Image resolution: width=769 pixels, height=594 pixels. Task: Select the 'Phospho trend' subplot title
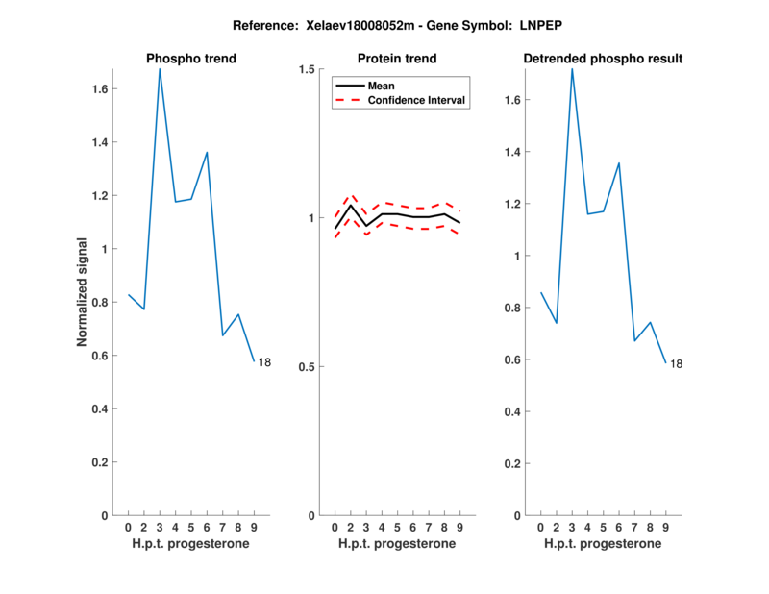coord(191,59)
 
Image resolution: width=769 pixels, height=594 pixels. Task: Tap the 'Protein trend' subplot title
coord(397,59)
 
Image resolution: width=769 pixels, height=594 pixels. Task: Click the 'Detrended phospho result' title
coord(603,59)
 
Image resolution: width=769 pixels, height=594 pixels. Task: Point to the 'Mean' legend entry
coord(382,86)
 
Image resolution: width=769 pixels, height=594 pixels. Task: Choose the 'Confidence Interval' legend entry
coord(417,99)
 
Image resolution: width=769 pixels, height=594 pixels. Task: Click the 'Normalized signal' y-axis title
coord(83,292)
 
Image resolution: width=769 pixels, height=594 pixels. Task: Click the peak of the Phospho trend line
coord(160,69)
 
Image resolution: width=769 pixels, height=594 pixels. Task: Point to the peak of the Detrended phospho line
coord(572,69)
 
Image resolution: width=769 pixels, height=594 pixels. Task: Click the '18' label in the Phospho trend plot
coord(265,362)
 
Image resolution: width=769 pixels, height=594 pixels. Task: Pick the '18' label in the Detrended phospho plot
coord(677,364)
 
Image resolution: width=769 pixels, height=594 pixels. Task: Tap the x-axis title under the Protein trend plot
coord(397,543)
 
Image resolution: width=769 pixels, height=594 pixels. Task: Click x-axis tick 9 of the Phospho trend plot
coord(254,527)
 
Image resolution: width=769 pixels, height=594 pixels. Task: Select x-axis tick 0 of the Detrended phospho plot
coord(540,527)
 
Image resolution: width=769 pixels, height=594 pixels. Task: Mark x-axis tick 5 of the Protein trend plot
coord(397,527)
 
